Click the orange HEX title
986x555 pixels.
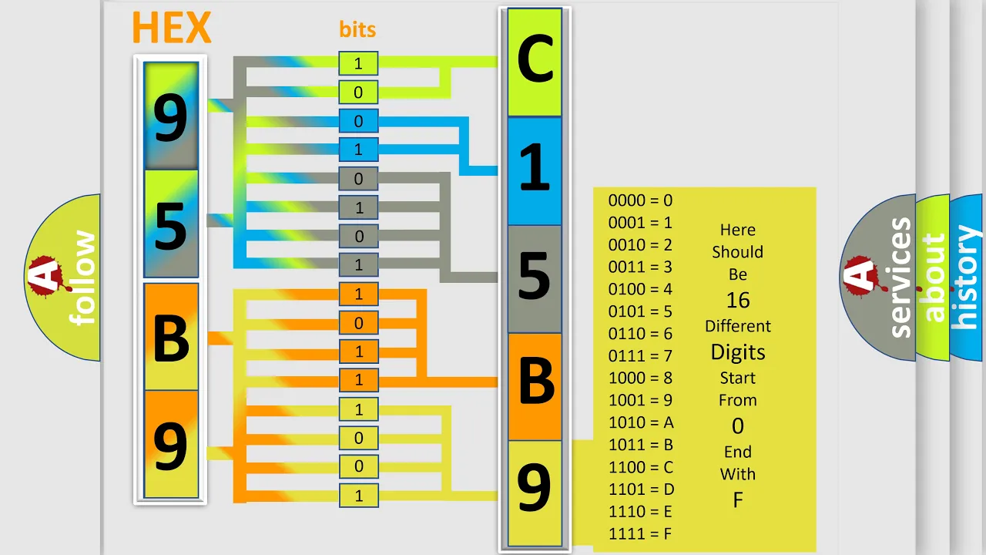tap(172, 27)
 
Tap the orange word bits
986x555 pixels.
tap(357, 29)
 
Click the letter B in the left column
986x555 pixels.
tap(171, 338)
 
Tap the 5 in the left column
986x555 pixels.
tap(171, 226)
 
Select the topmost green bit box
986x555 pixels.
tap(358, 63)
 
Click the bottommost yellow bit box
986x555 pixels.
tap(359, 496)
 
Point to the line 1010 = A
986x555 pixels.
tap(641, 422)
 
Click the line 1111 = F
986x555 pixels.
tap(640, 534)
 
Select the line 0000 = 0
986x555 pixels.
tap(640, 200)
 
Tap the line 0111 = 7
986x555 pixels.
tap(640, 356)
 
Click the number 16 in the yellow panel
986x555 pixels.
tap(738, 301)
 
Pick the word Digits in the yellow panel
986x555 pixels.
tap(738, 352)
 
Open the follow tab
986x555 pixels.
tap(63, 277)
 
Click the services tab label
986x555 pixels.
tap(900, 277)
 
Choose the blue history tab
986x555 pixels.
tap(967, 277)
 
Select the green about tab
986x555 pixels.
tap(933, 277)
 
